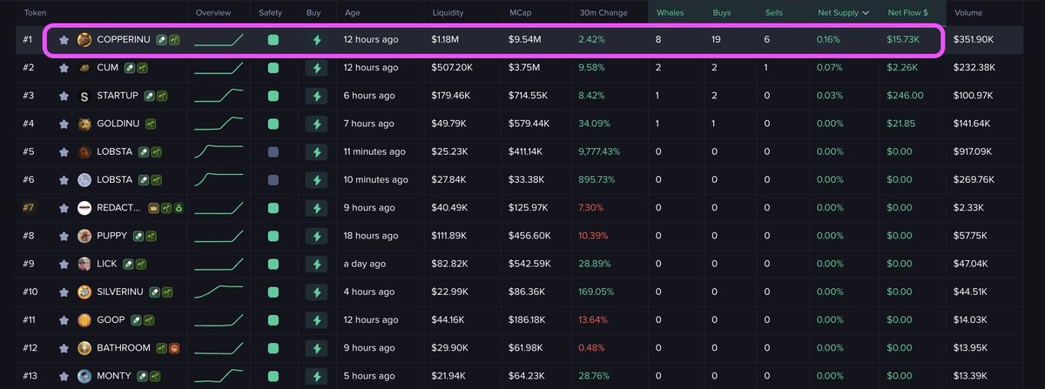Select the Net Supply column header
click(838, 13)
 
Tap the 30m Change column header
click(603, 13)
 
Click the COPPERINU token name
click(124, 40)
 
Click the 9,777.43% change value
click(599, 151)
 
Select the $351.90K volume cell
click(974, 40)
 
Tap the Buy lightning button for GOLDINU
click(316, 124)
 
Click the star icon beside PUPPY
click(64, 236)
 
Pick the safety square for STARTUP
click(273, 96)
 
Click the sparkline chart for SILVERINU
click(219, 292)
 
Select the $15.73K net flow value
click(906, 40)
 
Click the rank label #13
click(30, 376)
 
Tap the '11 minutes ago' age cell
click(374, 151)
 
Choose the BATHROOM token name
click(125, 348)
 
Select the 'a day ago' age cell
click(366, 264)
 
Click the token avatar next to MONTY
click(84, 376)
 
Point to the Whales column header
click(671, 13)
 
